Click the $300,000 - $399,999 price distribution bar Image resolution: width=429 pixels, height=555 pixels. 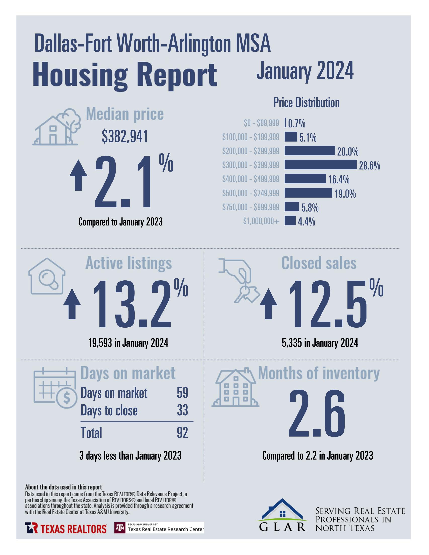pos(320,165)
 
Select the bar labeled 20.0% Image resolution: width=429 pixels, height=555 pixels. pos(310,151)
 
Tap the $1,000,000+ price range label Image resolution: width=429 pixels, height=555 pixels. pos(261,221)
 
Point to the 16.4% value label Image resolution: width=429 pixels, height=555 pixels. pos(339,180)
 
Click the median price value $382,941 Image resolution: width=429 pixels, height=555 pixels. pos(125,137)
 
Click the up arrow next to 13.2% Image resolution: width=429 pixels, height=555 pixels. pos(72,304)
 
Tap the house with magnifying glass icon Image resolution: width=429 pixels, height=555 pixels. pos(47,276)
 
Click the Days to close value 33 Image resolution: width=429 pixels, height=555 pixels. pos(182,410)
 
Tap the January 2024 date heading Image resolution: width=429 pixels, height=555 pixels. pos(305,71)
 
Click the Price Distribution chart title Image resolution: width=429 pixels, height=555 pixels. pos(306,103)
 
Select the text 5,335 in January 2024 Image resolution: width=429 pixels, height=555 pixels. pos(320,343)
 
